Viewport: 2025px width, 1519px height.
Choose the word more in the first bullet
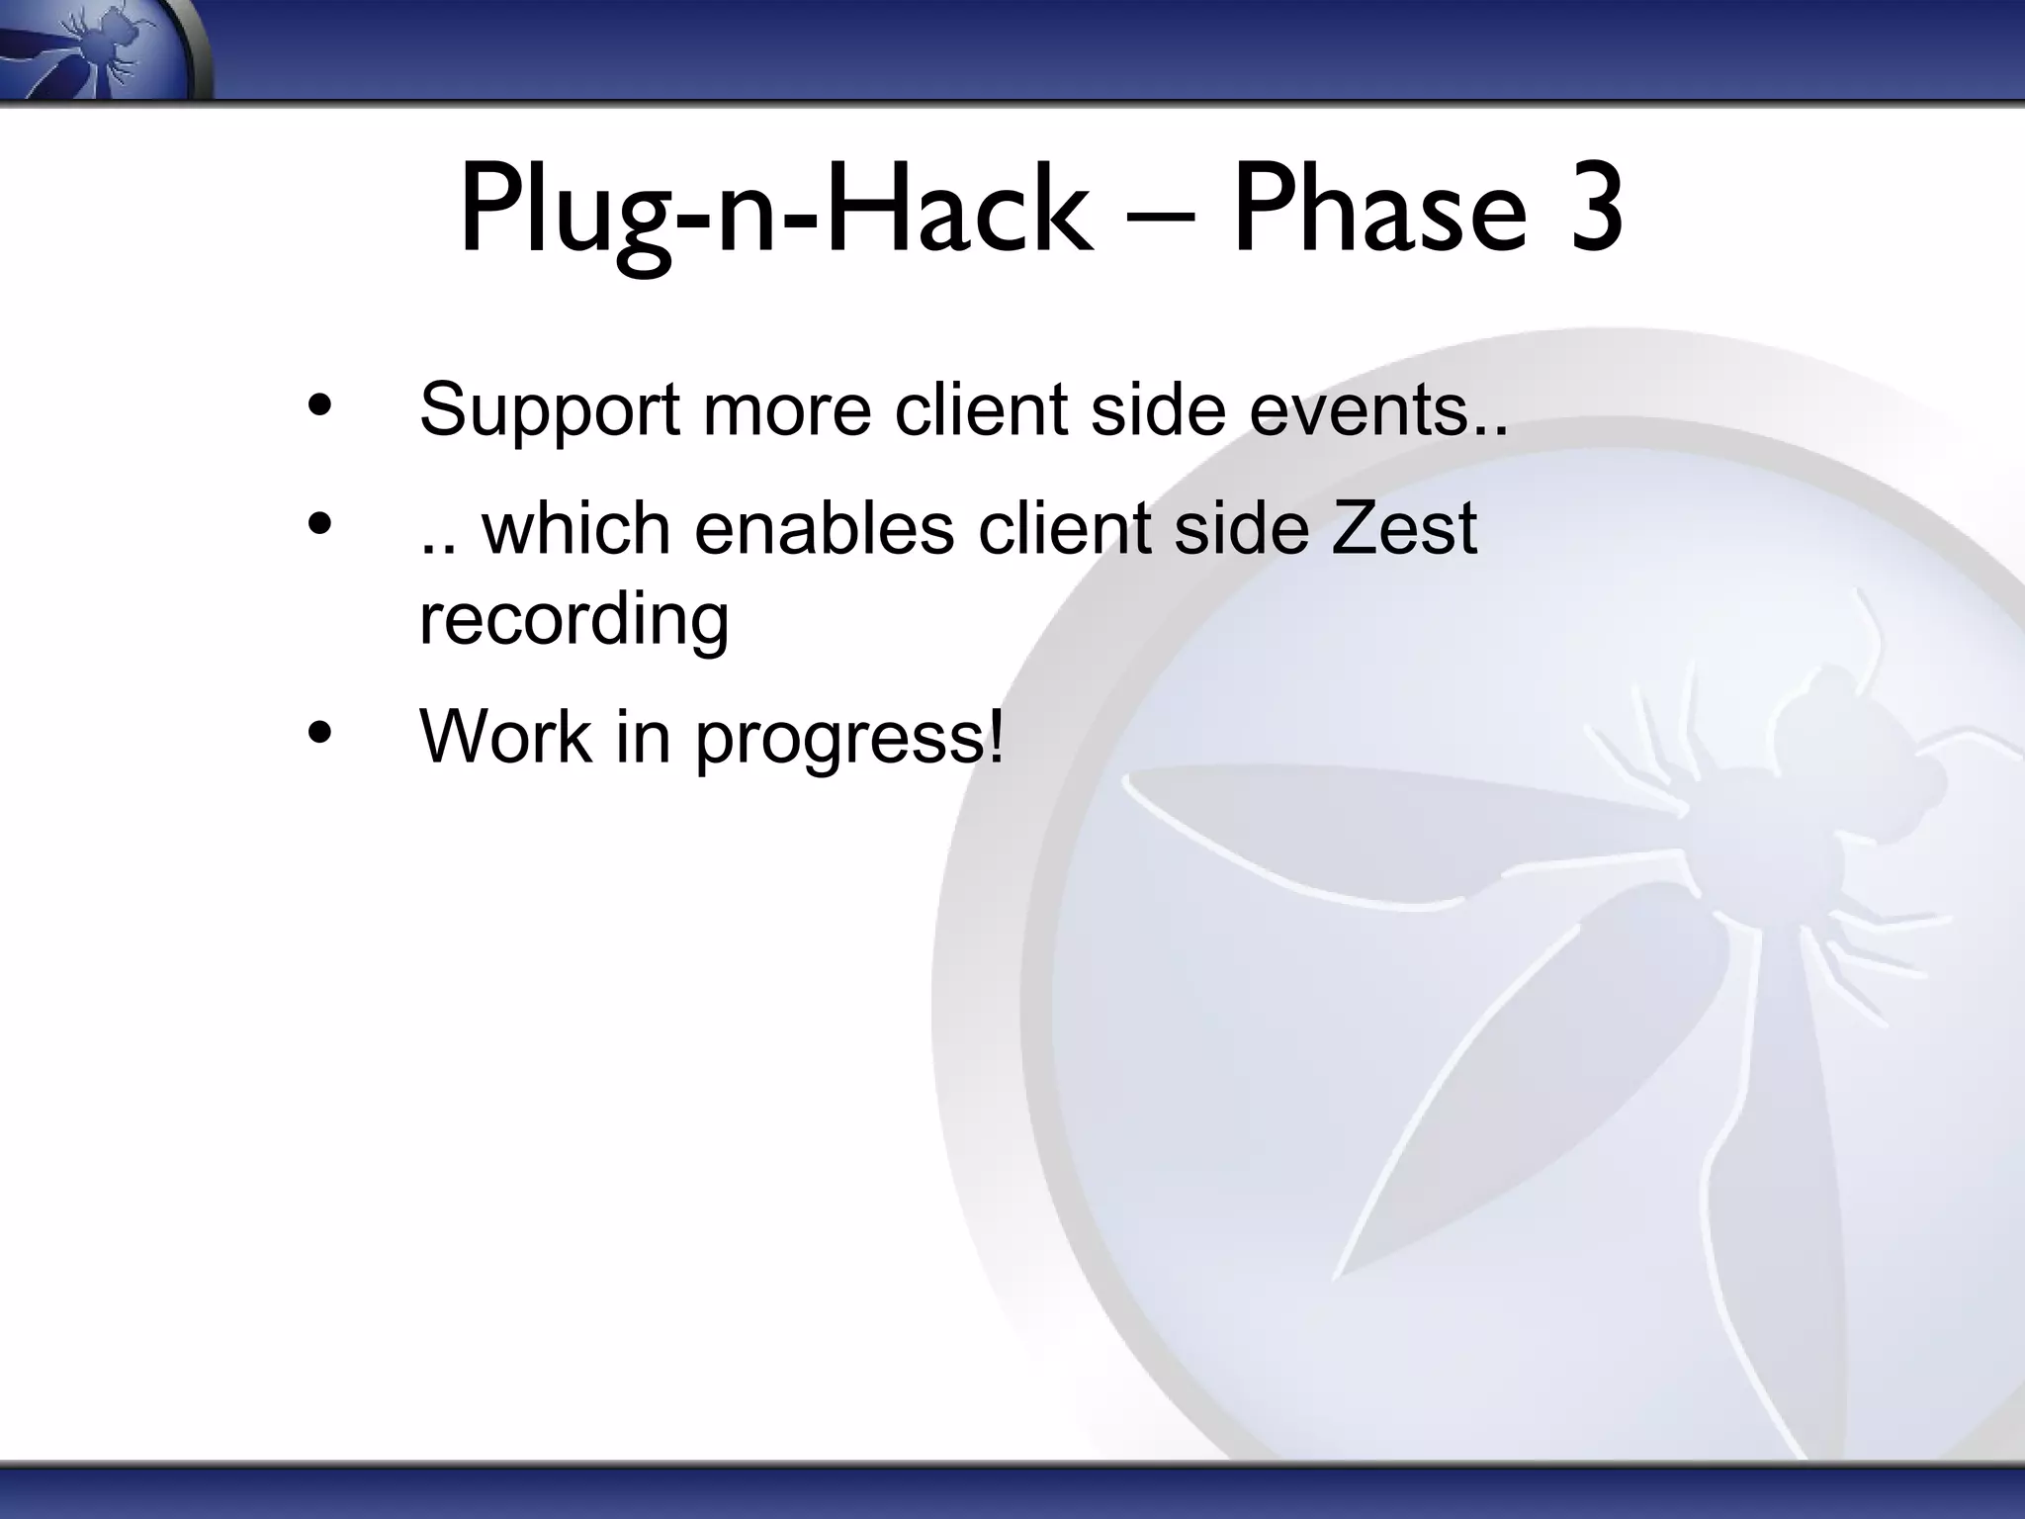[786, 410]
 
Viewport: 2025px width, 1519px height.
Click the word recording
[574, 620]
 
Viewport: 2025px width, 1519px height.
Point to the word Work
[504, 737]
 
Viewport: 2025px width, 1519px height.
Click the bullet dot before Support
[318, 405]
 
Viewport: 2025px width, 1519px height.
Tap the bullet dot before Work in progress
[318, 733]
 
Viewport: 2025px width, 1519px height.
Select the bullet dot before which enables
[318, 524]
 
